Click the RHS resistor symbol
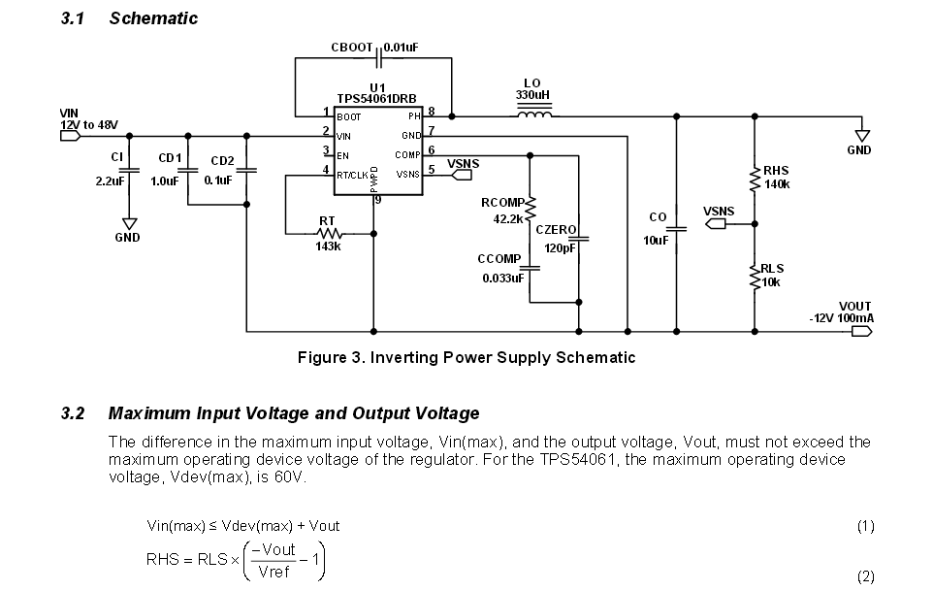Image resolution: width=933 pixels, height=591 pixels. pyautogui.click(x=755, y=178)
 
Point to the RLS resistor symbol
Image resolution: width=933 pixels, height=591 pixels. pyautogui.click(x=755, y=277)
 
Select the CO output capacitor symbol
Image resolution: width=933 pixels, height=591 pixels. pyautogui.click(x=677, y=229)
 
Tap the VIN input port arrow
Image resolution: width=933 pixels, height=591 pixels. pyautogui.click(x=71, y=136)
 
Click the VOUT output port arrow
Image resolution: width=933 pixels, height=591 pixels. pyautogui.click(x=860, y=331)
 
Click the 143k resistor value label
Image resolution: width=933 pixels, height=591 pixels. pyautogui.click(x=328, y=246)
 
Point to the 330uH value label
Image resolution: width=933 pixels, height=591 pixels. pyautogui.click(x=532, y=95)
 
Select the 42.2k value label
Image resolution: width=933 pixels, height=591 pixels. pyautogui.click(x=507, y=219)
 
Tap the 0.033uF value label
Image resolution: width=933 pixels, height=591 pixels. pyautogui.click(x=502, y=279)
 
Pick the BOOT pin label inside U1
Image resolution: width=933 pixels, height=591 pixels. pyautogui.click(x=349, y=116)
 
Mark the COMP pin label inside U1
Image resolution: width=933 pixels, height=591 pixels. pyautogui.click(x=407, y=155)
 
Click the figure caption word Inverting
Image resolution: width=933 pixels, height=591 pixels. pyautogui.click(x=402, y=357)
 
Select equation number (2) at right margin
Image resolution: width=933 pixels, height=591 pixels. pyautogui.click(x=865, y=575)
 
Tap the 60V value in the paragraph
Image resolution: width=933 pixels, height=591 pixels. pyautogui.click(x=297, y=476)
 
